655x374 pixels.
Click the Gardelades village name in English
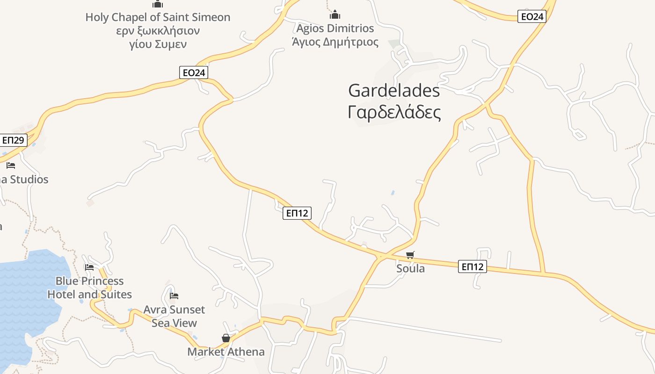pos(394,90)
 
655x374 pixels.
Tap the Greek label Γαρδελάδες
pos(394,113)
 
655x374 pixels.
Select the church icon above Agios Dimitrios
pos(335,14)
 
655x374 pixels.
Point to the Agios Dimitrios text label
pos(335,29)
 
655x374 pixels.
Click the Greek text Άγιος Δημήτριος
pos(335,42)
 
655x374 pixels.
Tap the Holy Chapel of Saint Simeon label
pos(158,17)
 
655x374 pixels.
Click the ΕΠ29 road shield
pos(13,140)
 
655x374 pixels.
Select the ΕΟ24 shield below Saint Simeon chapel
pos(194,72)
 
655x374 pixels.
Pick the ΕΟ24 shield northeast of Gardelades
pos(532,17)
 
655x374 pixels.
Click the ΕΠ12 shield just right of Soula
pos(473,266)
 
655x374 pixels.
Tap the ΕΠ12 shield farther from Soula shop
pos(297,213)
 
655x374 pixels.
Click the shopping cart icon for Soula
pos(410,255)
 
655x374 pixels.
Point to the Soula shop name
pos(410,268)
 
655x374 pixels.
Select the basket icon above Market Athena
pos(226,338)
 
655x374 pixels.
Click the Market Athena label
pos(226,352)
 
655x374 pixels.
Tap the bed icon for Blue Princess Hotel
pos(89,267)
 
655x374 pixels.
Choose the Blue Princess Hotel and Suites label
pos(89,288)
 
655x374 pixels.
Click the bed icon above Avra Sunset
pos(174,295)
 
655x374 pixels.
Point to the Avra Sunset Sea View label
pos(174,316)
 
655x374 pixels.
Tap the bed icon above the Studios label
pos(11,165)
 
